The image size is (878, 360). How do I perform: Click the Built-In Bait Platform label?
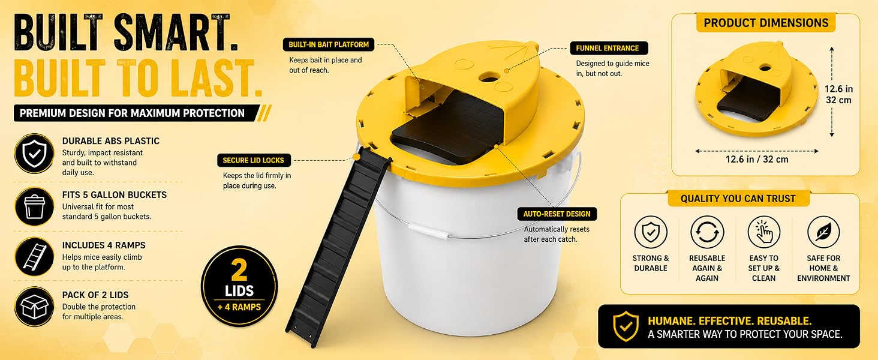329,44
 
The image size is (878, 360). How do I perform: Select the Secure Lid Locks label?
254,160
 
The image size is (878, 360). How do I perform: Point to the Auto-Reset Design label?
557,214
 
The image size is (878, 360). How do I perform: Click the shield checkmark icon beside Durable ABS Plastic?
34,154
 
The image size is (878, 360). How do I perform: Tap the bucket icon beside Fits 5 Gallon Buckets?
34,206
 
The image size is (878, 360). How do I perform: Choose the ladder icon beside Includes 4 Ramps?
34,256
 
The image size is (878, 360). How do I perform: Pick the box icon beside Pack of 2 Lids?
34,306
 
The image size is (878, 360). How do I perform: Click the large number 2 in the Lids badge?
239,271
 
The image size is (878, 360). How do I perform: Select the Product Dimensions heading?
766,23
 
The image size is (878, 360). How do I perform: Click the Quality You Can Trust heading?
738,199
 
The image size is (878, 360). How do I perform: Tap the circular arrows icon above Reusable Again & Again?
707,232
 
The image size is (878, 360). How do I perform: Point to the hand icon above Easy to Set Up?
763,232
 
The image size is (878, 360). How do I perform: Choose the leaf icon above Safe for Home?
823,232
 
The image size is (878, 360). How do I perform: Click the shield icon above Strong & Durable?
651,232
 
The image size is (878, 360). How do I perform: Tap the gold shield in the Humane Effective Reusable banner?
626,326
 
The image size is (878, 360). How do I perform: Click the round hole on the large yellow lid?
488,77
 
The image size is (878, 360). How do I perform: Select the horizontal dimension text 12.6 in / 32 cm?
756,159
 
